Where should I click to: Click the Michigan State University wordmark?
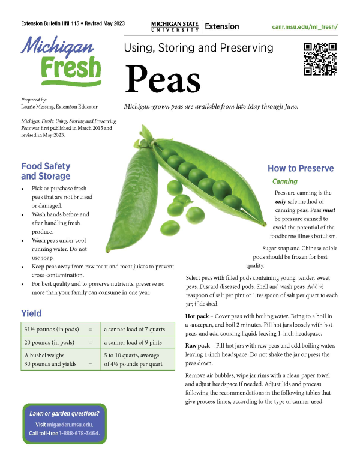point(175,26)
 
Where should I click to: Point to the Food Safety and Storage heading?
point(46,171)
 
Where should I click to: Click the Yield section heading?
point(31,313)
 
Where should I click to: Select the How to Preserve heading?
point(301,168)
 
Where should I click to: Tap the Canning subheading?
point(284,181)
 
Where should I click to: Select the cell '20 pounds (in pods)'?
point(49,343)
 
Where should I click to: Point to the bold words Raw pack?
point(198,346)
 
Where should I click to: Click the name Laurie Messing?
point(40,105)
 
